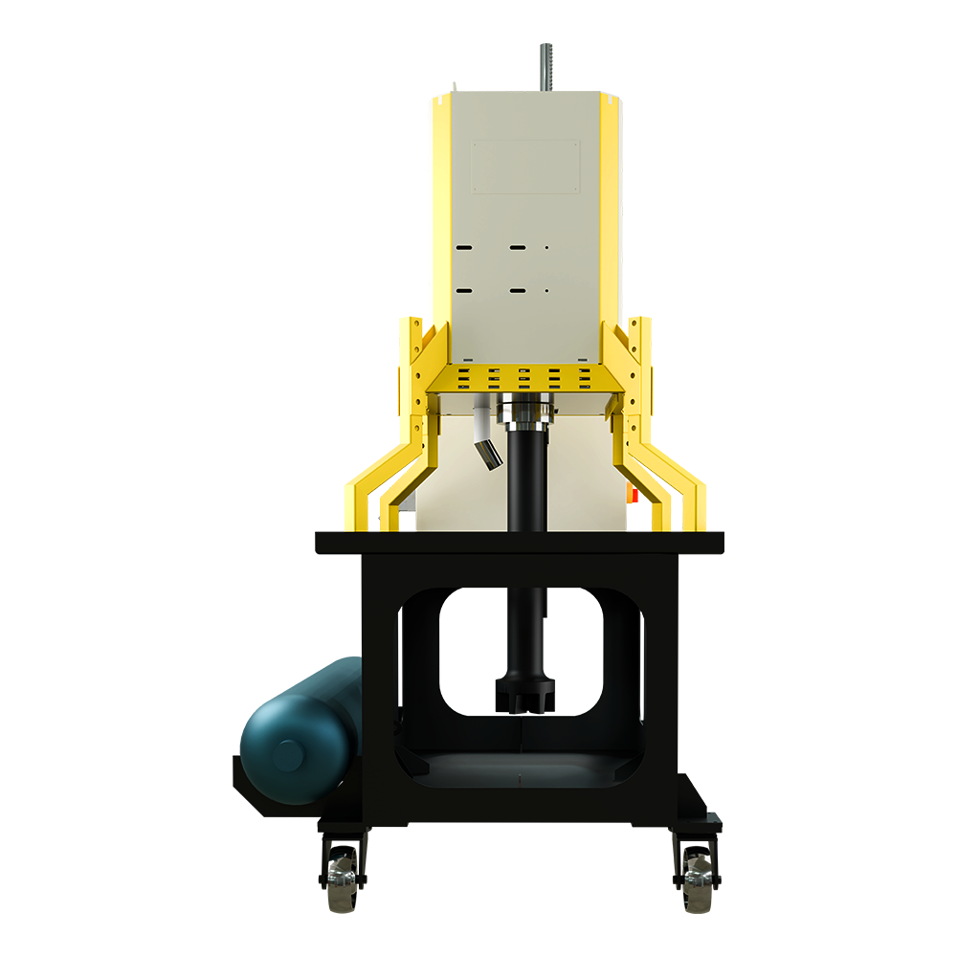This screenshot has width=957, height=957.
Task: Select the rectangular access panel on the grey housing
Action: click(x=524, y=167)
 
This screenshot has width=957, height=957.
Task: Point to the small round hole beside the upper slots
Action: click(x=546, y=248)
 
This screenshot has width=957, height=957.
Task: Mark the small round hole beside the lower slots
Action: click(x=546, y=290)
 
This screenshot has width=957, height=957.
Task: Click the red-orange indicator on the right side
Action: click(x=633, y=495)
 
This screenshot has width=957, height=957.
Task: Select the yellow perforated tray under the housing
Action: click(x=523, y=377)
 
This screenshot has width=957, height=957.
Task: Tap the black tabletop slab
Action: click(x=520, y=542)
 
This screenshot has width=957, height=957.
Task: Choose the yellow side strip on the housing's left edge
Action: click(x=440, y=211)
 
